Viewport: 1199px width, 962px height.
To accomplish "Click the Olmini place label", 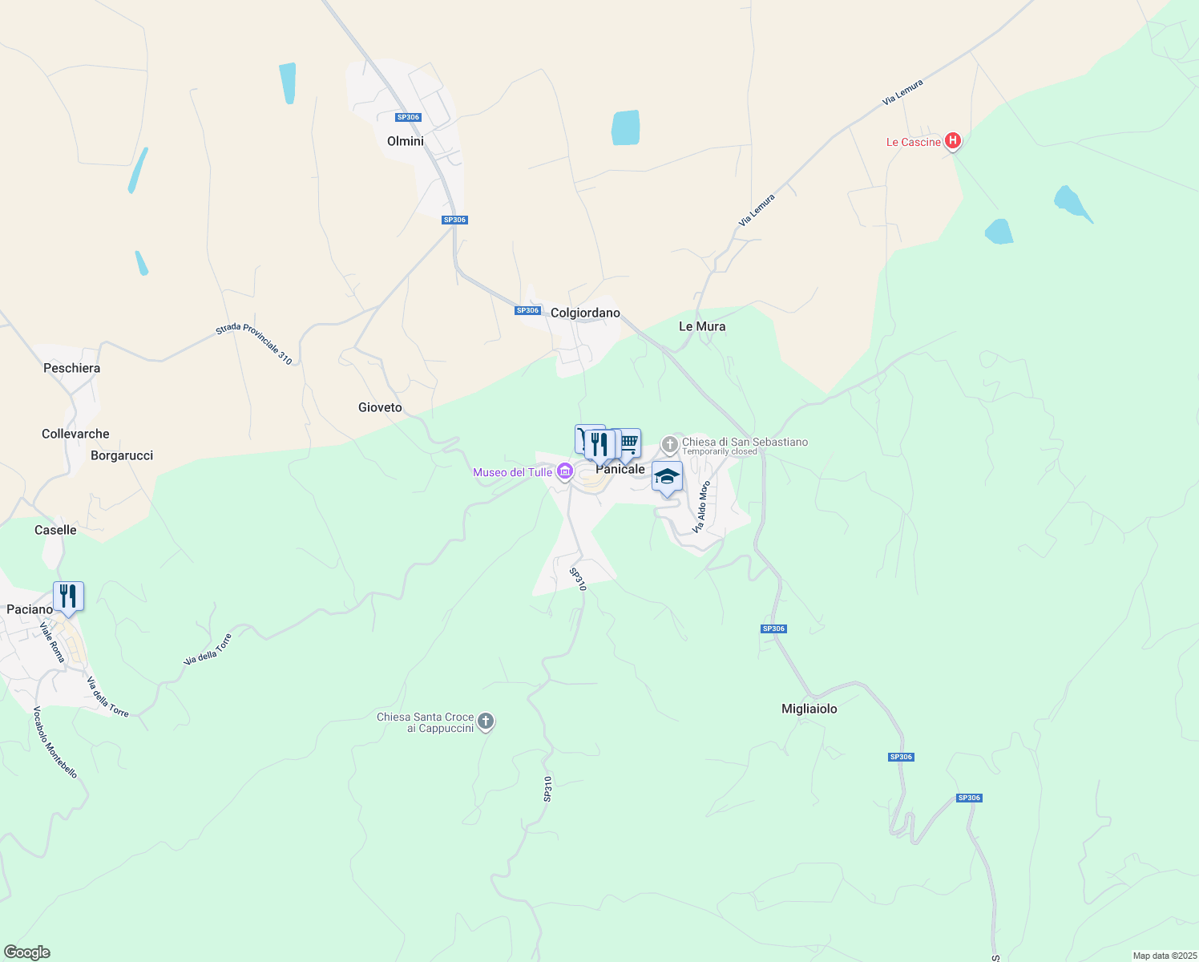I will click(x=405, y=141).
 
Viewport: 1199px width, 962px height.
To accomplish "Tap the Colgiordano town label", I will click(x=585, y=313).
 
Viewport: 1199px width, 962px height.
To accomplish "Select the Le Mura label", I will click(x=702, y=326).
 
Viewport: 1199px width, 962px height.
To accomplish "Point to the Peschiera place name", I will click(x=72, y=368).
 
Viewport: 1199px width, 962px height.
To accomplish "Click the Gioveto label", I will click(x=380, y=407).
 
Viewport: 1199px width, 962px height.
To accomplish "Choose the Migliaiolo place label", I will click(x=809, y=709).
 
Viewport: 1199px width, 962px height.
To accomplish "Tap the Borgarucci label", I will click(x=122, y=455).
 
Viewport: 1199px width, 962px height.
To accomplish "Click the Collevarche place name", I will click(x=75, y=434).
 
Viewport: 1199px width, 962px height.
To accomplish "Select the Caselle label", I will click(x=55, y=530).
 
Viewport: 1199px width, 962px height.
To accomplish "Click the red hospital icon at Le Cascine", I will click(x=952, y=141).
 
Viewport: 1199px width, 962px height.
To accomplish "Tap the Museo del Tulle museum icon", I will click(x=565, y=471).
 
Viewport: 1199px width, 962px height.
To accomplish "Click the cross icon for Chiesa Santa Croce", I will click(x=486, y=721).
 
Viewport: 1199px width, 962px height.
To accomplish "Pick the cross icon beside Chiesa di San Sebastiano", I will click(x=669, y=444).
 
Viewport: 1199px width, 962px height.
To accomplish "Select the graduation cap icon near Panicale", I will click(x=667, y=477).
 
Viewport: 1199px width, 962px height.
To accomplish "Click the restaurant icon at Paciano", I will click(x=68, y=596).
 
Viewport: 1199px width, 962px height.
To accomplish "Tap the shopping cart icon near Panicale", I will click(x=629, y=442).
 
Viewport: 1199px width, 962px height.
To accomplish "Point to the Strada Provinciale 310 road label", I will click(x=254, y=343).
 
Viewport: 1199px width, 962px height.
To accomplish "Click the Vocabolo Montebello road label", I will click(x=55, y=742).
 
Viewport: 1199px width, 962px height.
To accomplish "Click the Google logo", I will click(x=27, y=952).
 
